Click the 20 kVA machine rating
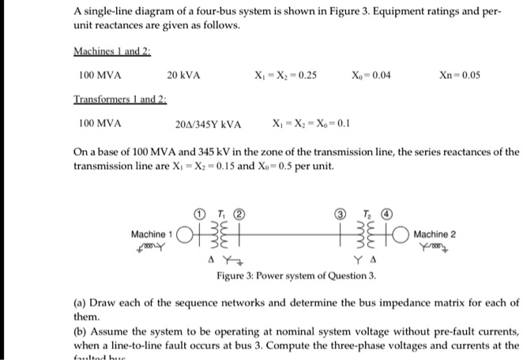tap(183, 76)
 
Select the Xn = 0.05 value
tap(459, 76)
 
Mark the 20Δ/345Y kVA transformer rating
tap(208, 124)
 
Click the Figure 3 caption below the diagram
tap(296, 276)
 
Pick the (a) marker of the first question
tap(80, 302)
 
